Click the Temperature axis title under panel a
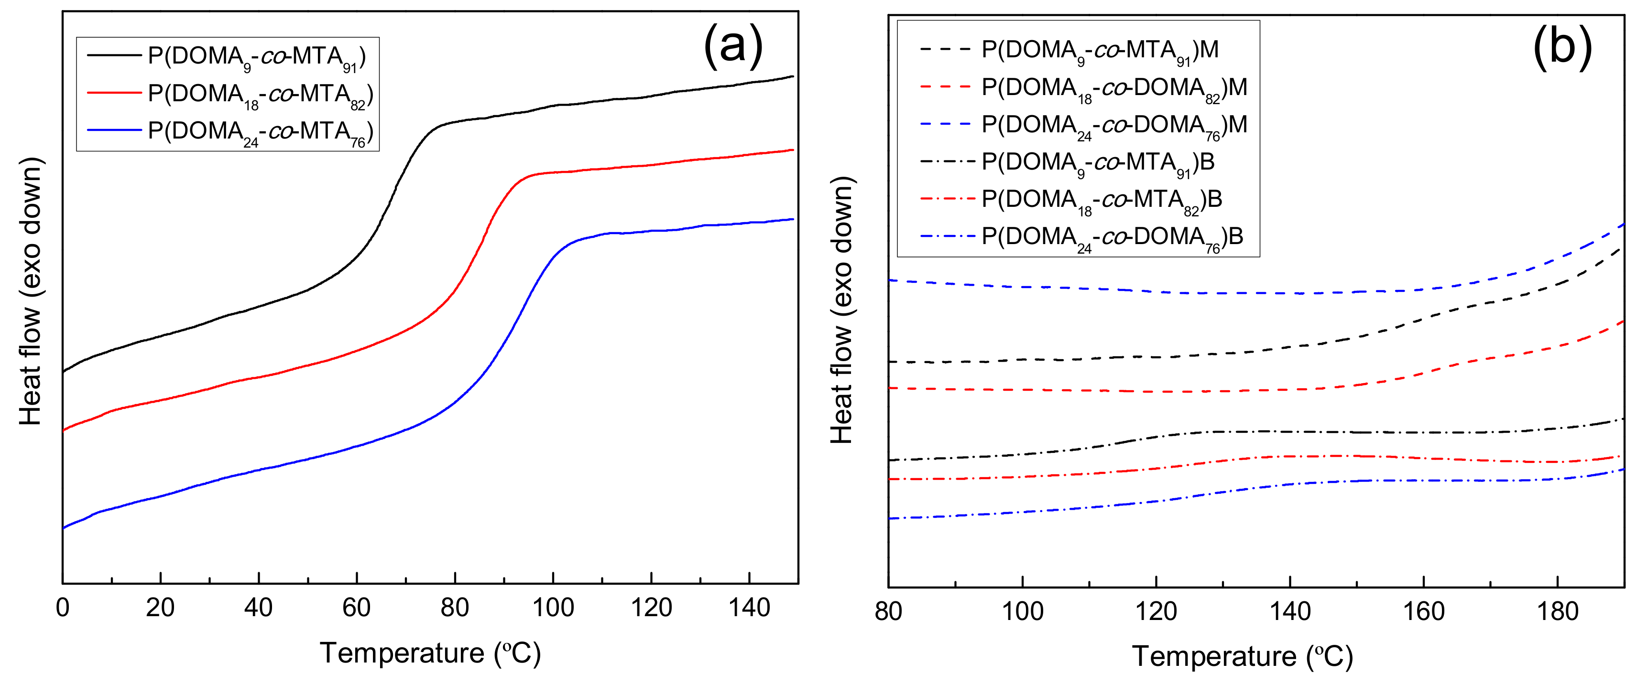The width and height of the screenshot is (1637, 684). [x=430, y=653]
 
